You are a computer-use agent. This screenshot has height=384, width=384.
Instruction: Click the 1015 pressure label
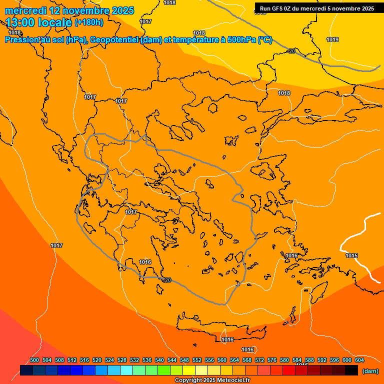pyautogui.click(x=351, y=255)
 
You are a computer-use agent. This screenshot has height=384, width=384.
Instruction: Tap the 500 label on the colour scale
pyautogui.click(x=34, y=360)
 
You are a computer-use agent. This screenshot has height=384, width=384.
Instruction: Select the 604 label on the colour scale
pyautogui.click(x=359, y=360)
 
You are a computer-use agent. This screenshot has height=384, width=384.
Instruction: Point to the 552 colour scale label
pyautogui.click(x=197, y=360)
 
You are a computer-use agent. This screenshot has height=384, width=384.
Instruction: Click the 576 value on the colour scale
pyautogui.click(x=272, y=360)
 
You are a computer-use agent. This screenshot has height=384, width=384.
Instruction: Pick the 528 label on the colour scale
pyautogui.click(x=122, y=360)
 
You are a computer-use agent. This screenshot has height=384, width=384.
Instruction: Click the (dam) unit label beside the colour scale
pyautogui.click(x=370, y=371)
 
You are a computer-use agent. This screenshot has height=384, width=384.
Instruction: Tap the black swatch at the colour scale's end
pyautogui.click(x=351, y=370)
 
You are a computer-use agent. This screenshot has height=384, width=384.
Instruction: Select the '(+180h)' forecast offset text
pyautogui.click(x=89, y=22)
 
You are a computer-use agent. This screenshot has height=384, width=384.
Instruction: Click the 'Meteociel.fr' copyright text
pyautogui.click(x=229, y=380)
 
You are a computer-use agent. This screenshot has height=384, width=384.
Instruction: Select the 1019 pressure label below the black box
pyautogui.click(x=332, y=39)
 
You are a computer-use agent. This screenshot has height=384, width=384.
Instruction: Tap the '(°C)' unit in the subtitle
pyautogui.click(x=265, y=40)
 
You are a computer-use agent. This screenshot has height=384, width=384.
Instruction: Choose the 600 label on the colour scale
pyautogui.click(x=347, y=360)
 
